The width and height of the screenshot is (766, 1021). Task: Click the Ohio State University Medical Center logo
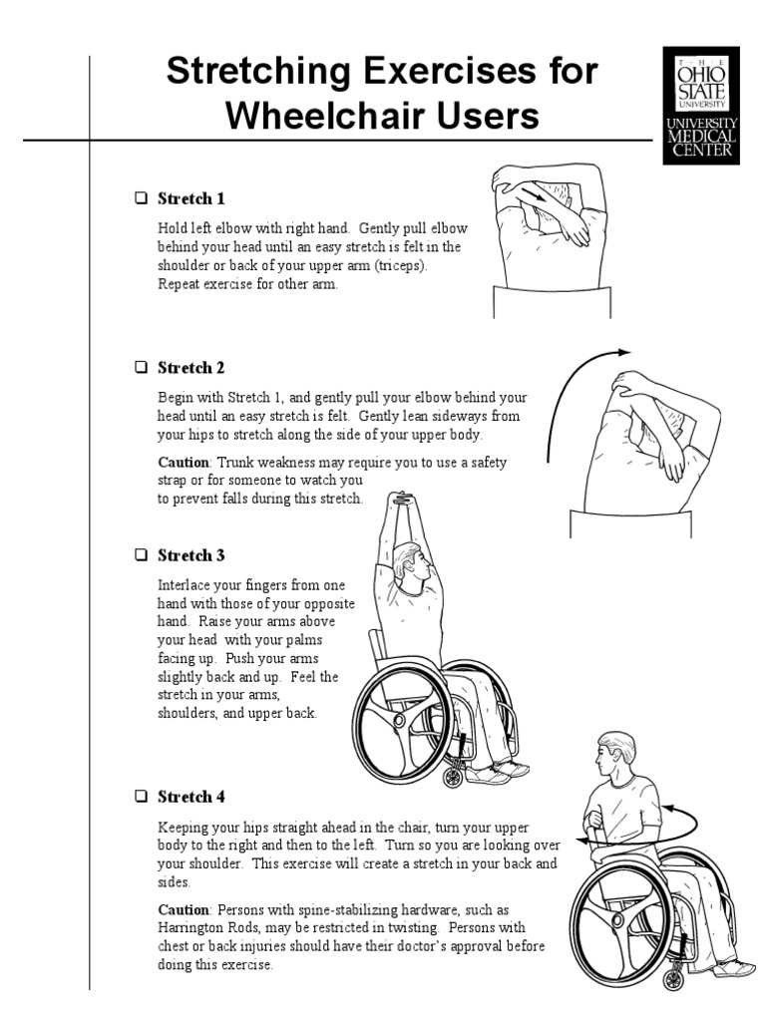pyautogui.click(x=701, y=106)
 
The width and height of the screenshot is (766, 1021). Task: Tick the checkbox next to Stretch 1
pyautogui.click(x=142, y=198)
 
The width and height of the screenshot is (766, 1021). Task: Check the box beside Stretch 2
pyautogui.click(x=142, y=367)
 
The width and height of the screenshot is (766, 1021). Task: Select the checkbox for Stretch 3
pyautogui.click(x=142, y=554)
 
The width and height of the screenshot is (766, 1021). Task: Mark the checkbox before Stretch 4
pyautogui.click(x=142, y=797)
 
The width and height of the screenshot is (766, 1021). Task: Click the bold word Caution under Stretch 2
pyautogui.click(x=184, y=462)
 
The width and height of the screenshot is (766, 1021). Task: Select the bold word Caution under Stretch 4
pyautogui.click(x=184, y=909)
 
